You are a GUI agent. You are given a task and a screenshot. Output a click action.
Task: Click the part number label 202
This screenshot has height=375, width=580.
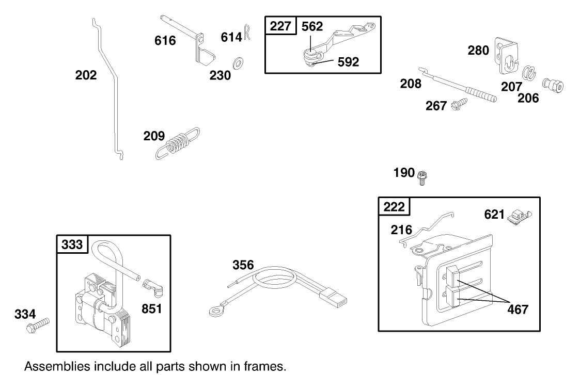coord(86,75)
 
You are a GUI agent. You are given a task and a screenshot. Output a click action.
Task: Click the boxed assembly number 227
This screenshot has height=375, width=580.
coord(281,26)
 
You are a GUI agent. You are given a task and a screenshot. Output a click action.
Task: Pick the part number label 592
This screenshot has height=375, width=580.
coord(348,62)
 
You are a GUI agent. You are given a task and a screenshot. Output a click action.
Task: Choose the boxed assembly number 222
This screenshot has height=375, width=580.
coord(395,206)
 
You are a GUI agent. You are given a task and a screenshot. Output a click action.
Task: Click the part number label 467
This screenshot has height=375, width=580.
coord(518,309)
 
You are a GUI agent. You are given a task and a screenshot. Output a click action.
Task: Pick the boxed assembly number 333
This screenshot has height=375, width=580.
coord(72,244)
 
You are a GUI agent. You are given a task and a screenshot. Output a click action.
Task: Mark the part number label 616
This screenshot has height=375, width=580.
coord(165,40)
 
